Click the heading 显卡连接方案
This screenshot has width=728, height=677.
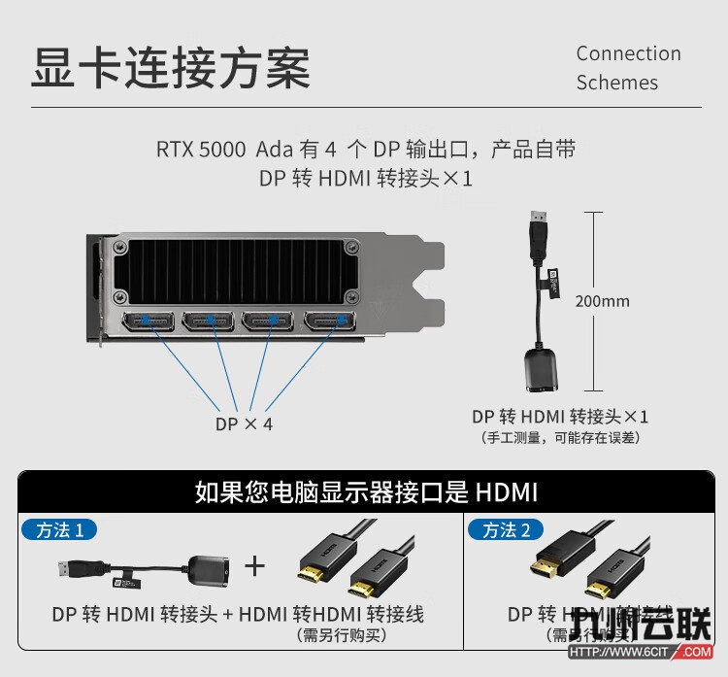171,68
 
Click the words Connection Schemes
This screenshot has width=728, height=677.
628,68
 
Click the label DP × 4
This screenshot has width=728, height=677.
244,424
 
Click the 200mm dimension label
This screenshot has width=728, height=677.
602,301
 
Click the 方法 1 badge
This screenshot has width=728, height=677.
66,529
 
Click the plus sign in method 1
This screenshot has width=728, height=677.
254,565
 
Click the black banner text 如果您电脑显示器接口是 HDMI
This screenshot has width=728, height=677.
365,491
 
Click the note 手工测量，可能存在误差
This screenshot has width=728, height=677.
560,438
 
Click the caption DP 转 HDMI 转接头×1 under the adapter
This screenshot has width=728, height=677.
560,417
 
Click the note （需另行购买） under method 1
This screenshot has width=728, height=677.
342,635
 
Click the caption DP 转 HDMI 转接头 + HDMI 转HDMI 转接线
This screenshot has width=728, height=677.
238,615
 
